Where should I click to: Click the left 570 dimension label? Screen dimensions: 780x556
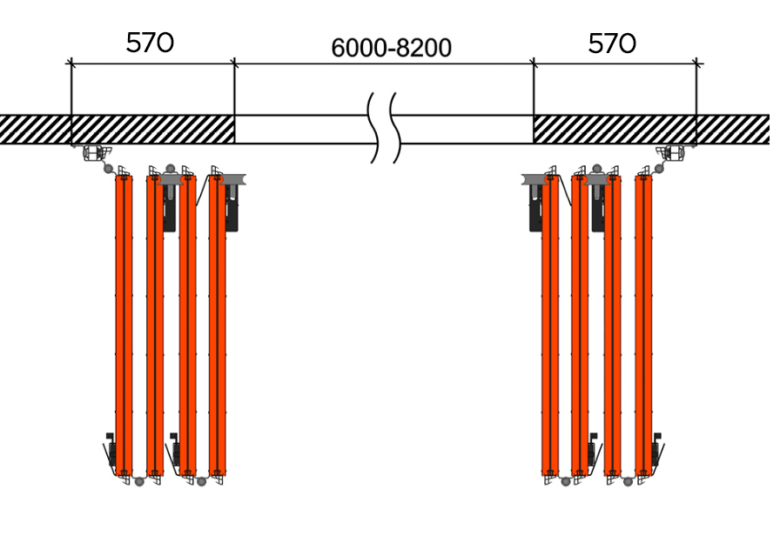pyautogui.click(x=150, y=43)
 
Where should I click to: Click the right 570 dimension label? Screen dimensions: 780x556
pyautogui.click(x=612, y=44)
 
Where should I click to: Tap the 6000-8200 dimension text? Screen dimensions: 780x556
pyautogui.click(x=392, y=48)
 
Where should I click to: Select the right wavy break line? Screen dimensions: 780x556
pyautogui.click(x=395, y=128)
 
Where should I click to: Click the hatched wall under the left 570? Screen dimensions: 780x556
pyautogui.click(x=152, y=130)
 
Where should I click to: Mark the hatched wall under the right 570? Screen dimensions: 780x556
pyautogui.click(x=615, y=130)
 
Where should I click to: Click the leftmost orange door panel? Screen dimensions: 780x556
pyautogui.click(x=124, y=325)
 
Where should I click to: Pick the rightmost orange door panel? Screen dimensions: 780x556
pyautogui.click(x=643, y=325)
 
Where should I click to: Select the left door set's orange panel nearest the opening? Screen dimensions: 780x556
pyautogui.click(x=218, y=325)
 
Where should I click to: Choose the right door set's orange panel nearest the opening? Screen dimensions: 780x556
pyautogui.click(x=550, y=325)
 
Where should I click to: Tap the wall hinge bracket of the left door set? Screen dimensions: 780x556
pyautogui.click(x=95, y=153)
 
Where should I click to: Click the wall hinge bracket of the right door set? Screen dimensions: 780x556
pyautogui.click(x=672, y=153)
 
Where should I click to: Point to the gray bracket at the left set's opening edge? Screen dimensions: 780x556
pyautogui.click(x=232, y=179)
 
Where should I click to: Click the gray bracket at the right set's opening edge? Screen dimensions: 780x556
pyautogui.click(x=535, y=179)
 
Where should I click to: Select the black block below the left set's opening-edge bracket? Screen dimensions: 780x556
pyautogui.click(x=232, y=209)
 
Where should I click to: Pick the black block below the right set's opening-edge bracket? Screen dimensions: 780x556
pyautogui.click(x=535, y=209)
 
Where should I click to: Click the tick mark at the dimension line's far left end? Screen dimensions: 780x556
pyautogui.click(x=71, y=64)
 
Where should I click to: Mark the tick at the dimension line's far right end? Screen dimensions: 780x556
pyautogui.click(x=697, y=64)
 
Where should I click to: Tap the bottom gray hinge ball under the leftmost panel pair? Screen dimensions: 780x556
pyautogui.click(x=139, y=481)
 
